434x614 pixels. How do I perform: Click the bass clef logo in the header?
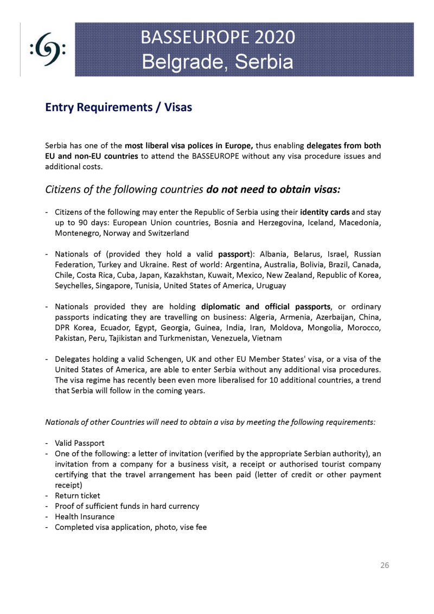(x=48, y=50)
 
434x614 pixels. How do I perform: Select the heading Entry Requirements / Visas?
(x=118, y=107)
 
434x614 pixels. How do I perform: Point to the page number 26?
(x=385, y=565)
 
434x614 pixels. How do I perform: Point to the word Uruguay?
(x=270, y=285)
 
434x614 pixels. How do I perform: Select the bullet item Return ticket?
(x=77, y=495)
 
